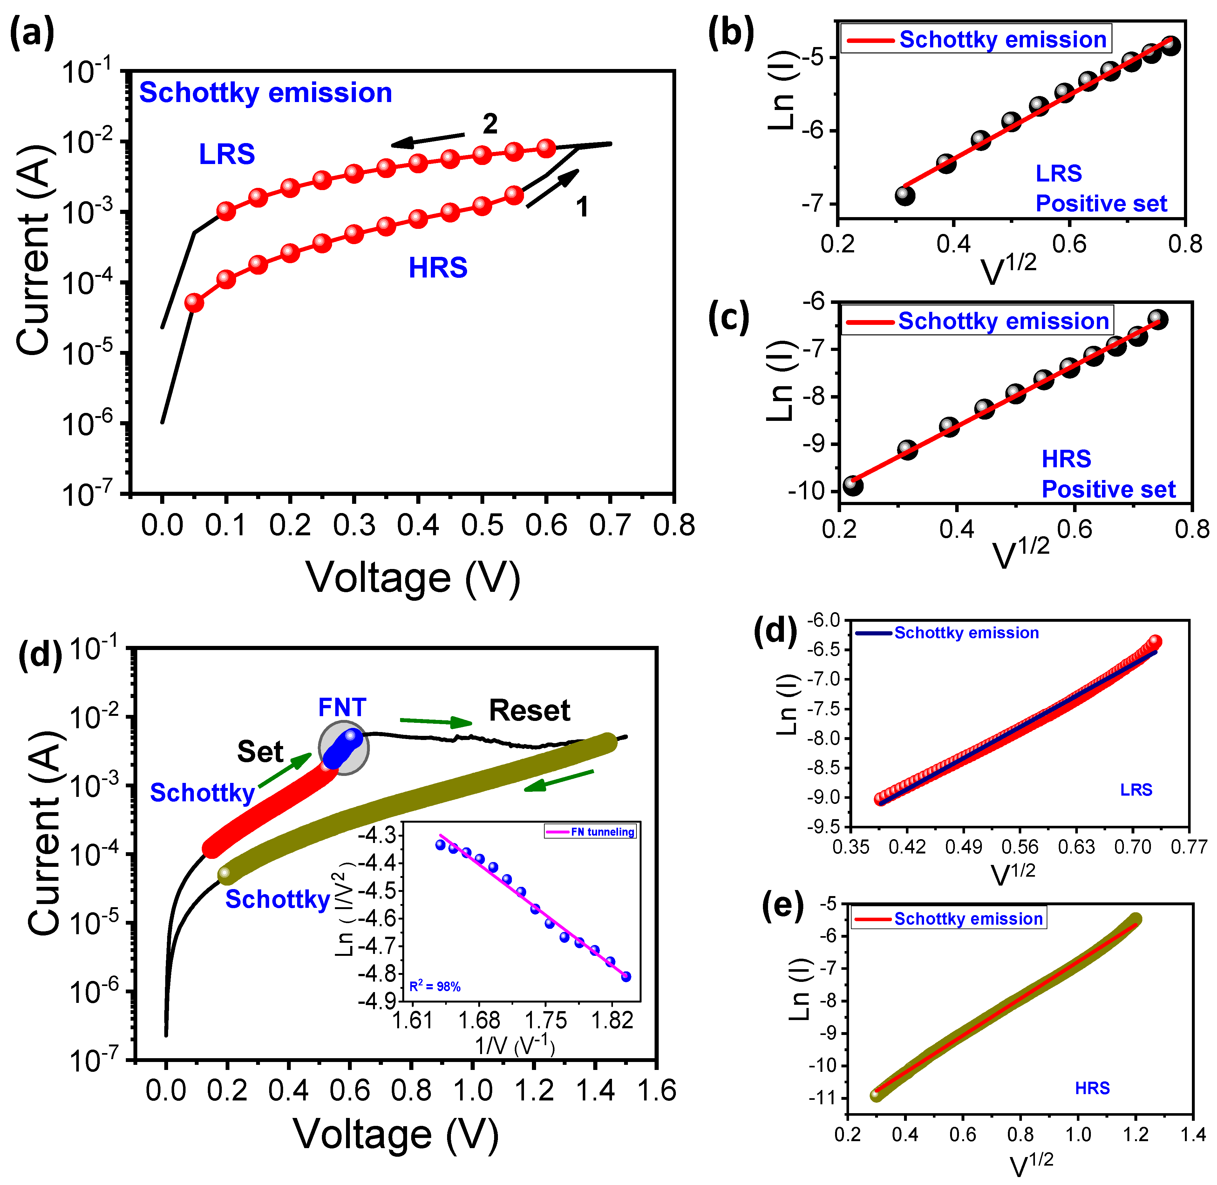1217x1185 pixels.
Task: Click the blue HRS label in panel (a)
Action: [438, 268]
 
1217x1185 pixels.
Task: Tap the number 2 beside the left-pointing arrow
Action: [490, 124]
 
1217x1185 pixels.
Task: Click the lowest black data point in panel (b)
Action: [905, 195]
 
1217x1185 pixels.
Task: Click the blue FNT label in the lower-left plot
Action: [342, 708]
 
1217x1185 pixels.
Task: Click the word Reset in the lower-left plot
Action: [529, 711]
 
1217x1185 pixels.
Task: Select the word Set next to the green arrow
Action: [260, 752]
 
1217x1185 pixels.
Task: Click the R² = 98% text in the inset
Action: [435, 986]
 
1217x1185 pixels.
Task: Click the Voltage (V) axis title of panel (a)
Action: [413, 579]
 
